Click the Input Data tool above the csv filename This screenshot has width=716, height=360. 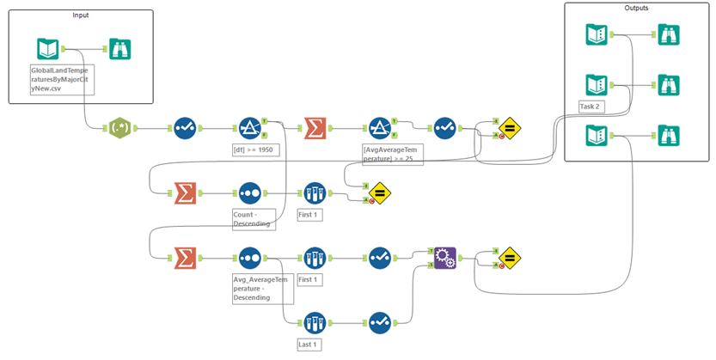48,48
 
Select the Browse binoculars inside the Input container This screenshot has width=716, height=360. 120,48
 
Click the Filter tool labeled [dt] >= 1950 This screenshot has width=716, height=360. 249,129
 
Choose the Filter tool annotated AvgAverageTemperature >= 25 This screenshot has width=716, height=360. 381,129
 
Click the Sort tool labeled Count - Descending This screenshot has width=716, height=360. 249,193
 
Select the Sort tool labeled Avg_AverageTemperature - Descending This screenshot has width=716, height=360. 249,257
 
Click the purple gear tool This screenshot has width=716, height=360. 445,257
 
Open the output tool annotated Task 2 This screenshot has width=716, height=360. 597,84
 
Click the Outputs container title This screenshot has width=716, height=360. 637,8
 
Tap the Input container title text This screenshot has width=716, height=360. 81,15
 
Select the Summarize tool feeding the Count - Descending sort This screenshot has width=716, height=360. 184,193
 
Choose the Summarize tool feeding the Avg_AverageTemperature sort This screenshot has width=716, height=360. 184,257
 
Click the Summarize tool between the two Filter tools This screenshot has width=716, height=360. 315,129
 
